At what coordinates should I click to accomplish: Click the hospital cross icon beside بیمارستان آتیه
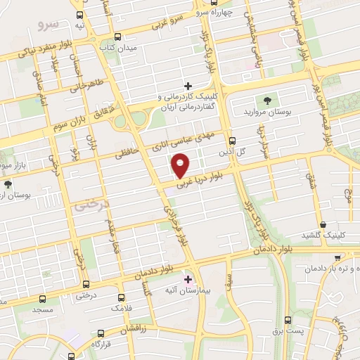188,280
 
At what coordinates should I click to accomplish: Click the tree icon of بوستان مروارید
266,100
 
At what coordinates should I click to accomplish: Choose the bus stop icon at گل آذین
233,140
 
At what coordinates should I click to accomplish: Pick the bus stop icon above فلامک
121,297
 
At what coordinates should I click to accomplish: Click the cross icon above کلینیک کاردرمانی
188,85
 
